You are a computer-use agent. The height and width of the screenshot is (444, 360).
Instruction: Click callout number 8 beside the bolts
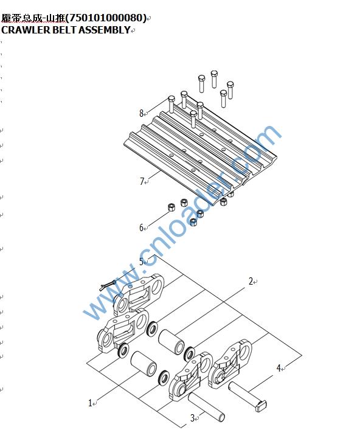(x=141, y=113)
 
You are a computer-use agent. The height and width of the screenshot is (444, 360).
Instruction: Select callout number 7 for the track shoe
(x=142, y=181)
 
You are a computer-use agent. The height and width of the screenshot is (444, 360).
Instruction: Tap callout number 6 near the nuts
(x=141, y=227)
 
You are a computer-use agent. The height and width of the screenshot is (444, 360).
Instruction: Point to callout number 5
(x=141, y=262)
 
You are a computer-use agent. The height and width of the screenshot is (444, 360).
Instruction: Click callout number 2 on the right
(x=251, y=281)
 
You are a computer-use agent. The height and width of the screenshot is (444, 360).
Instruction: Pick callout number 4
(x=279, y=368)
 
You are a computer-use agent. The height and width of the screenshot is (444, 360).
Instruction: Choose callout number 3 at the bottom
(x=192, y=418)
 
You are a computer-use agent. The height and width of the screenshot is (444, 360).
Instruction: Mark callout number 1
(x=90, y=403)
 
